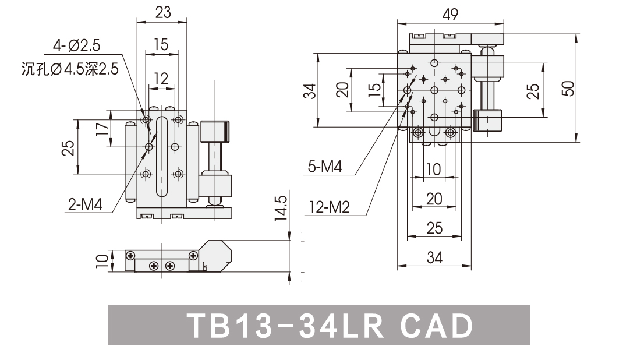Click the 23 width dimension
point(162,12)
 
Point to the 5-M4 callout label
point(324,168)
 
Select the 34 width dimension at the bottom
point(433,257)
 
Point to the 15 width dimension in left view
point(161,44)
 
